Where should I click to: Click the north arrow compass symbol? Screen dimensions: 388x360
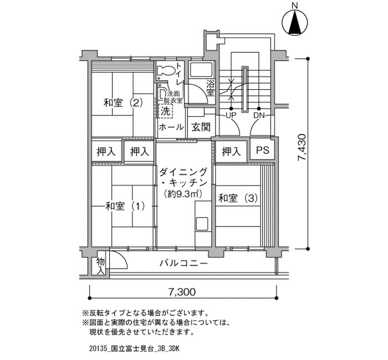click(x=295, y=22)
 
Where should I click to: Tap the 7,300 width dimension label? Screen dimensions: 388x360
click(x=182, y=292)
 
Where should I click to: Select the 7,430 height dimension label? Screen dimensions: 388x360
click(x=303, y=148)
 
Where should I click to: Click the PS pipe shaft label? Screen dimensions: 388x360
click(x=263, y=150)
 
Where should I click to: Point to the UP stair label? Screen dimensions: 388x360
click(x=231, y=115)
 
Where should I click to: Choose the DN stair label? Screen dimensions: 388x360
click(x=259, y=115)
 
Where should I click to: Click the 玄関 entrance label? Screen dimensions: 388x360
click(x=201, y=127)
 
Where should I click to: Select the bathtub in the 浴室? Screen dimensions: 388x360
click(x=201, y=69)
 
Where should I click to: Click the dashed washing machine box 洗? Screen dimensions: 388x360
click(x=166, y=111)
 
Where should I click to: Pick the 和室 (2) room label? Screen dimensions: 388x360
click(x=123, y=102)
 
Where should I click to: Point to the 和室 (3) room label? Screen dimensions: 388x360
click(x=238, y=198)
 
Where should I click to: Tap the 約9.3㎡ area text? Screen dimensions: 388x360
click(x=182, y=194)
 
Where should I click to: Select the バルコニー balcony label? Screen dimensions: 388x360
click(x=183, y=263)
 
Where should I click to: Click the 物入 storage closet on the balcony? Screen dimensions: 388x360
click(x=100, y=266)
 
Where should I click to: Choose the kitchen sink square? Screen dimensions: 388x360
click(x=202, y=224)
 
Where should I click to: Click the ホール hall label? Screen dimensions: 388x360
click(x=171, y=127)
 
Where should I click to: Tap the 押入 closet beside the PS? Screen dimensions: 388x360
click(x=231, y=151)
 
